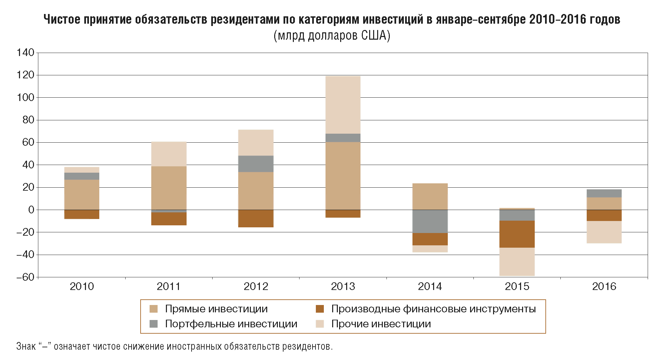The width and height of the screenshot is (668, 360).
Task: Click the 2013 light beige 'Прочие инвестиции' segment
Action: click(343, 105)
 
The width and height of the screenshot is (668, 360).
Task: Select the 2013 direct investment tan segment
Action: click(343, 176)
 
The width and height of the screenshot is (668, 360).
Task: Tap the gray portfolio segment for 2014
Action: click(430, 221)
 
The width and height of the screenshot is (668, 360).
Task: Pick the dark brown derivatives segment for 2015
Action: click(517, 234)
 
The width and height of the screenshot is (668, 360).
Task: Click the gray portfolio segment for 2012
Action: click(256, 164)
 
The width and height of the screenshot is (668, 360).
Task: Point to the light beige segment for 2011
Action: click(169, 154)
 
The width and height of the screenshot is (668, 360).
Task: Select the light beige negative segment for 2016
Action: click(604, 232)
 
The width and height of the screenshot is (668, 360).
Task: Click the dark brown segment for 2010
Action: click(82, 214)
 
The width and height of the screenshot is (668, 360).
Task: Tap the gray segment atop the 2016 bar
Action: click(604, 193)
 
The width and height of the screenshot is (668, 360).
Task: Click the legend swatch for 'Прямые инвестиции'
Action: click(154, 309)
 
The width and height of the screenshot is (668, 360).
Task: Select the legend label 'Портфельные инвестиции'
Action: click(231, 324)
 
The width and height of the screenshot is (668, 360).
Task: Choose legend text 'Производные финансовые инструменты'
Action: click(433, 309)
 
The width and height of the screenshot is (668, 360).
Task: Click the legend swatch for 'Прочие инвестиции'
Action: click(320, 324)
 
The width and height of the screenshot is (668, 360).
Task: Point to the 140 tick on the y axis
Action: click(26, 53)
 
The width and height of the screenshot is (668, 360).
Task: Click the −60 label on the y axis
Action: click(26, 277)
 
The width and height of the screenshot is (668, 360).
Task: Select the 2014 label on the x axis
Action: click(430, 286)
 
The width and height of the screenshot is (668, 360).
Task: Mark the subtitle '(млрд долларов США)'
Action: click(332, 35)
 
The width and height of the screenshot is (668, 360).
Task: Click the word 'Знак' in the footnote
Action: click(26, 346)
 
